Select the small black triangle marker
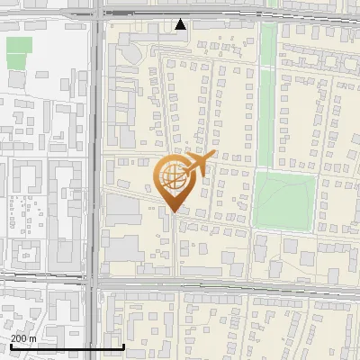pos(181,24)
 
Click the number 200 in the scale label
pos(19,338)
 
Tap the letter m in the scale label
pos(34,338)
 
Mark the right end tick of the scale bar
pos(123,346)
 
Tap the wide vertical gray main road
pos(94,180)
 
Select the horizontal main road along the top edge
pos(225,14)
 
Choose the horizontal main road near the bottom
pos(225,285)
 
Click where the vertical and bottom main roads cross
pos(94,285)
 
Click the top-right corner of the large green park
pos(315,174)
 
